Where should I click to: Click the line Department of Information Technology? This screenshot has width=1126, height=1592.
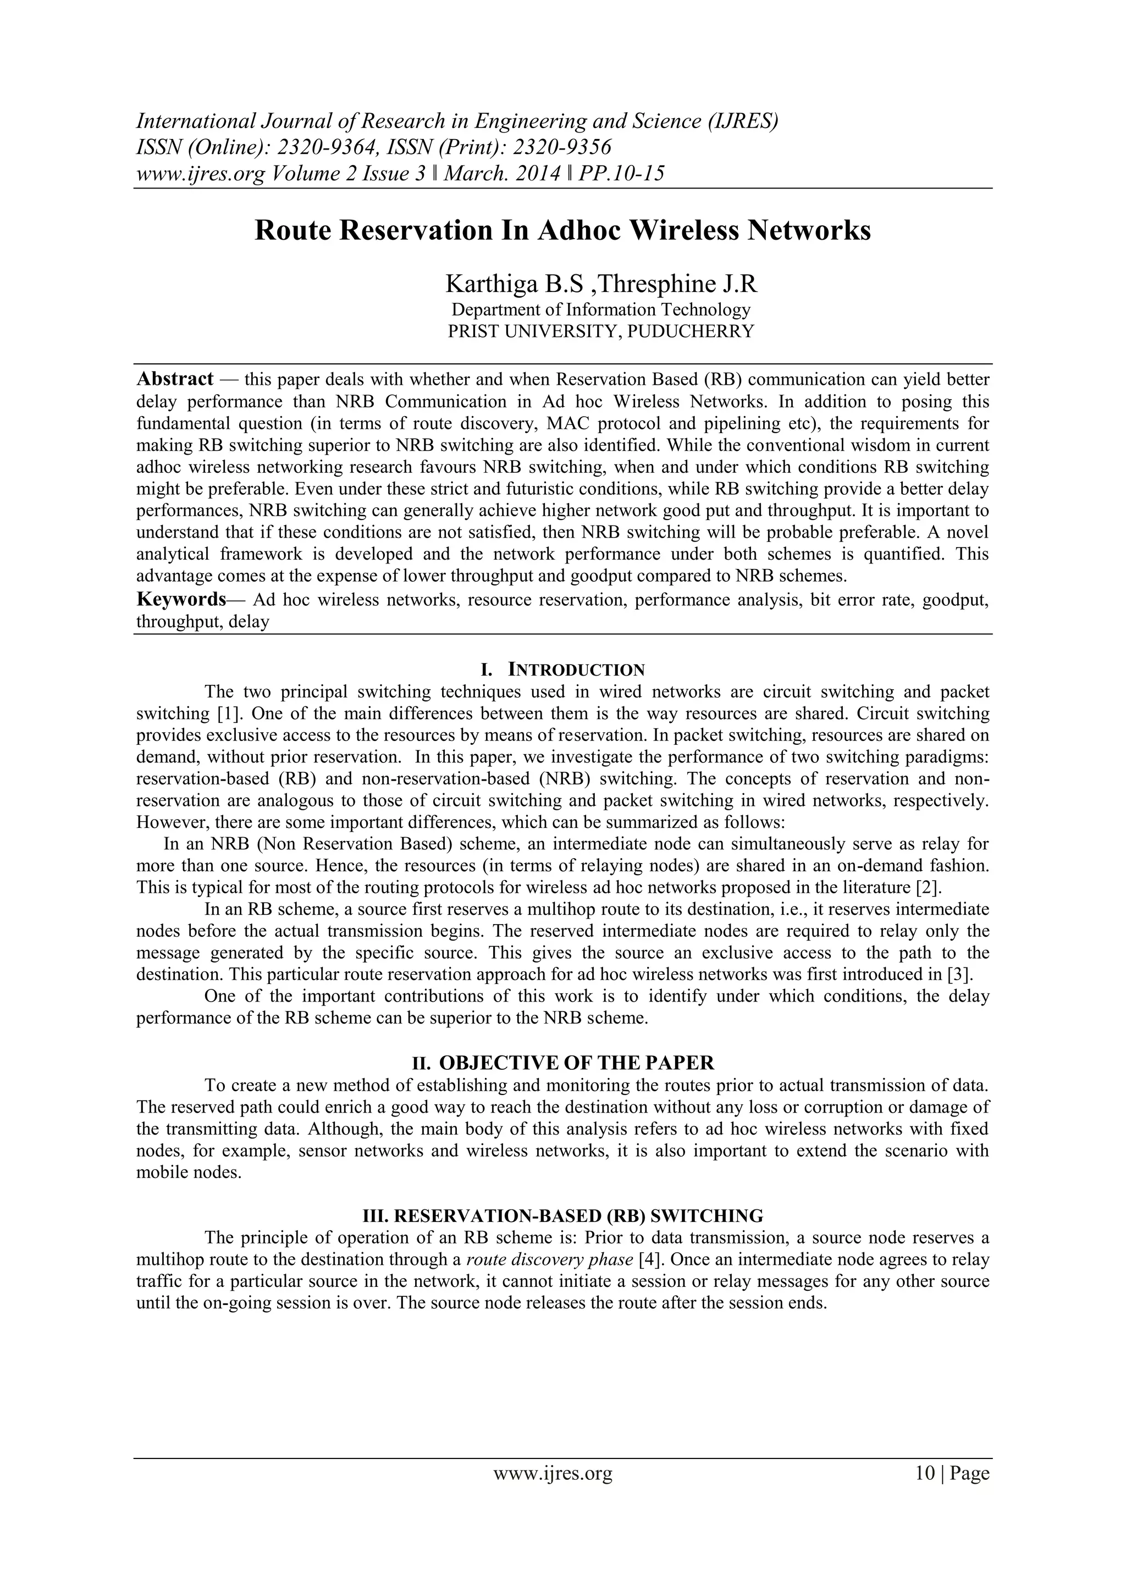[600, 309]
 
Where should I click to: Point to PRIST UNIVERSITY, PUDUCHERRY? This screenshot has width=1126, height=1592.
[600, 331]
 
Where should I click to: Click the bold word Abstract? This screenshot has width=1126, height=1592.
[175, 379]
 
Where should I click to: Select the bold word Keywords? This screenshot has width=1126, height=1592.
[181, 599]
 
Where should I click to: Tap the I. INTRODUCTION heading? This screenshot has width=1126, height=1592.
[562, 670]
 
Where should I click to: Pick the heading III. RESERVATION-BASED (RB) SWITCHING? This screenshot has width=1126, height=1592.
[562, 1216]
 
